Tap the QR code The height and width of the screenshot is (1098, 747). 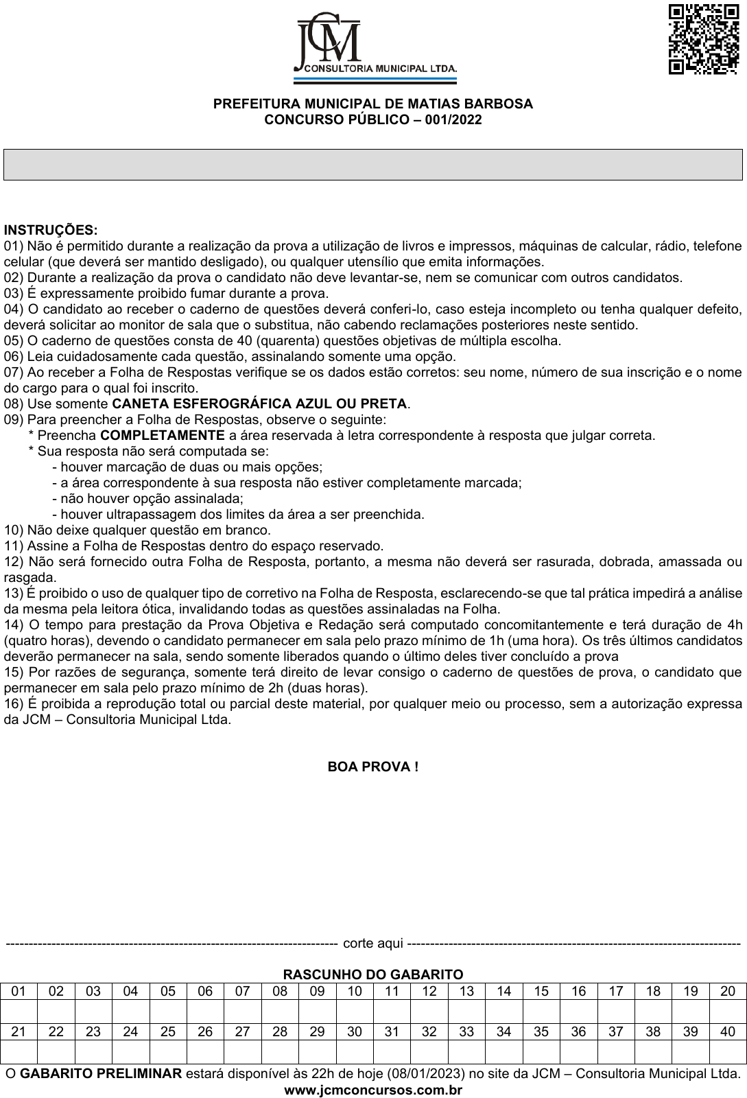point(703,38)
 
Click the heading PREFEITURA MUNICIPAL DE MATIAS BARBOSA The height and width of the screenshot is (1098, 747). point(373,104)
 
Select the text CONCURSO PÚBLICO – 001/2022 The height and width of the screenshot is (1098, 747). point(373,120)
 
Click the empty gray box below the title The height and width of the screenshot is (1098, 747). point(373,165)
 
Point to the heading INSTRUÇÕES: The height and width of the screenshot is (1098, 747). point(51,230)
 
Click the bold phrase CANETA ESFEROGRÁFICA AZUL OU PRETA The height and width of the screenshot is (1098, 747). point(260,404)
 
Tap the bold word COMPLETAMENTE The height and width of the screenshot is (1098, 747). point(163,435)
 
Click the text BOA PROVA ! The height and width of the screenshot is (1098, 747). point(373,767)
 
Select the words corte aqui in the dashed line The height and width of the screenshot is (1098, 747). point(372,943)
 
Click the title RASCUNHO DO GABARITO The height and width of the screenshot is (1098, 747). point(373,974)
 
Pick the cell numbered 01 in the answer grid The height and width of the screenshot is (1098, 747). point(19,991)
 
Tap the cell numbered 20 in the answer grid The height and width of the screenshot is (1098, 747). point(728,991)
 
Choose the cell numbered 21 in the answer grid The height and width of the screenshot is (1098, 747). point(19,1031)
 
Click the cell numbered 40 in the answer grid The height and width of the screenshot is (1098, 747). point(728,1031)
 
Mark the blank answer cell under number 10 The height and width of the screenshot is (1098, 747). point(355,1012)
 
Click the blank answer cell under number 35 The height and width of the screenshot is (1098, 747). point(541,1052)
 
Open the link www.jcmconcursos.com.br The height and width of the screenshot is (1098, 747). point(373,1090)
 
